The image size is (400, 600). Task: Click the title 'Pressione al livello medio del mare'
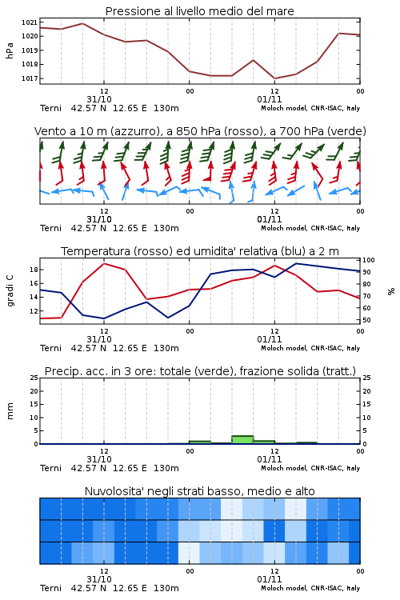click(x=199, y=11)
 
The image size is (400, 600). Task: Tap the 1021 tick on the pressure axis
click(x=30, y=22)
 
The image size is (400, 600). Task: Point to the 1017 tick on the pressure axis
click(x=30, y=78)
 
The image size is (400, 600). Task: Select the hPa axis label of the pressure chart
click(x=10, y=51)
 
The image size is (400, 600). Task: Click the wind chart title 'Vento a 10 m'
click(x=70, y=131)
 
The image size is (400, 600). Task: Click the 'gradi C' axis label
click(x=10, y=290)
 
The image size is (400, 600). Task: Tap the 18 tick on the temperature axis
click(x=34, y=270)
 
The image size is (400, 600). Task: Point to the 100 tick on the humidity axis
click(x=369, y=260)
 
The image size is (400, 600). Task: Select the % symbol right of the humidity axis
click(x=391, y=291)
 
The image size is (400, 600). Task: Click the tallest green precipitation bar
click(x=242, y=440)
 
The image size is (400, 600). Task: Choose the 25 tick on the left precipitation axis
click(x=34, y=378)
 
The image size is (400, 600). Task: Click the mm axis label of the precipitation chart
click(x=10, y=411)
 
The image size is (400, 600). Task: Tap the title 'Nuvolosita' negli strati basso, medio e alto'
click(x=199, y=491)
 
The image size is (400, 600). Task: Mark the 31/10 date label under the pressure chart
click(x=99, y=99)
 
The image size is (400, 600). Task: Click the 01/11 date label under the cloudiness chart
click(x=270, y=579)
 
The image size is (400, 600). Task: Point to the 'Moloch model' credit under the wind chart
click(x=284, y=229)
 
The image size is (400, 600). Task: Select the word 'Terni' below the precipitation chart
click(x=50, y=468)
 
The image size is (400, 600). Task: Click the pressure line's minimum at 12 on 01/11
click(x=275, y=78)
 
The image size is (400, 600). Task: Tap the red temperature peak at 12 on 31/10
click(x=104, y=263)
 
